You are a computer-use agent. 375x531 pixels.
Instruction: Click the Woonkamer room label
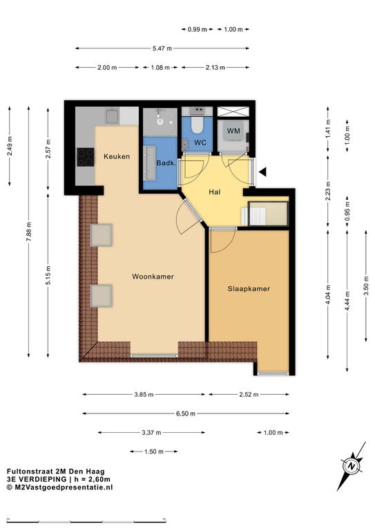tap(153, 277)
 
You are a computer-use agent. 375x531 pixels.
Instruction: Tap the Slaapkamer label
tap(249, 289)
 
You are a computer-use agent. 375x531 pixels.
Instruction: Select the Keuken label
tap(117, 156)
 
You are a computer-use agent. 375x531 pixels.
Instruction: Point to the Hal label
tap(214, 192)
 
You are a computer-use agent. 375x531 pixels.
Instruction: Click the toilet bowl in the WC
tap(197, 125)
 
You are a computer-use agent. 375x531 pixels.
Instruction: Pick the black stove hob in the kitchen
tap(86, 157)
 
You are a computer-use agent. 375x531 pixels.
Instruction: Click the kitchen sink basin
tap(112, 115)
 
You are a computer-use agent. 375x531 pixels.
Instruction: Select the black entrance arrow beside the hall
tap(262, 171)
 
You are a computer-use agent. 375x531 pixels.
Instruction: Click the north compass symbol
tap(352, 466)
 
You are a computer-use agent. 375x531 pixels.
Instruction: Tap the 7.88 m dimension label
tap(29, 232)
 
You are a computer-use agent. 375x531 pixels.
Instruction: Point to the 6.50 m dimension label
tap(186, 413)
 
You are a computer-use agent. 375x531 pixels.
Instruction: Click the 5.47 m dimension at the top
tap(162, 48)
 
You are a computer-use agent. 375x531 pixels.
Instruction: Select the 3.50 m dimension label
tap(366, 286)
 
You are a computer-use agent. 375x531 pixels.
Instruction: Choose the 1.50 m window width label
tap(154, 451)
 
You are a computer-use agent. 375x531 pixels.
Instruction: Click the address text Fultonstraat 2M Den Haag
tap(56, 471)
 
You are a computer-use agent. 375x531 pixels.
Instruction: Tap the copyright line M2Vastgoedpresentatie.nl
tap(60, 487)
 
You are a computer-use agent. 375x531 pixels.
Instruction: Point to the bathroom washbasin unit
tap(150, 163)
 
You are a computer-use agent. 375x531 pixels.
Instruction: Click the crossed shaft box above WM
tap(233, 111)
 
